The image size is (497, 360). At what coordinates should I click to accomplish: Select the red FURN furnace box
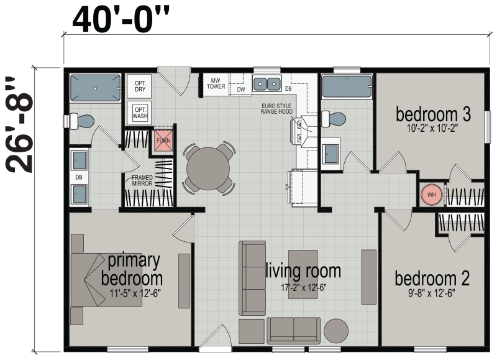163,141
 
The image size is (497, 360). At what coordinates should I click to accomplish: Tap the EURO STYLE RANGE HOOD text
281,110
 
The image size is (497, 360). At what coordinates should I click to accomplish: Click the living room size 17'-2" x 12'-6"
303,287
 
